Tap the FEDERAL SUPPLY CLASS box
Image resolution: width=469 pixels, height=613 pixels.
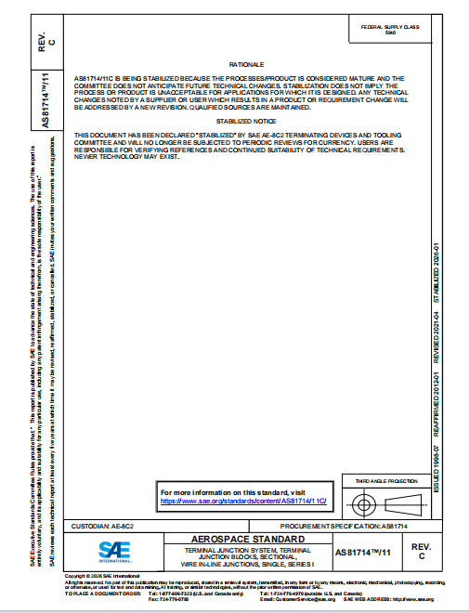[389, 31]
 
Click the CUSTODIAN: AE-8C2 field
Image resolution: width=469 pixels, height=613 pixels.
[111, 526]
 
